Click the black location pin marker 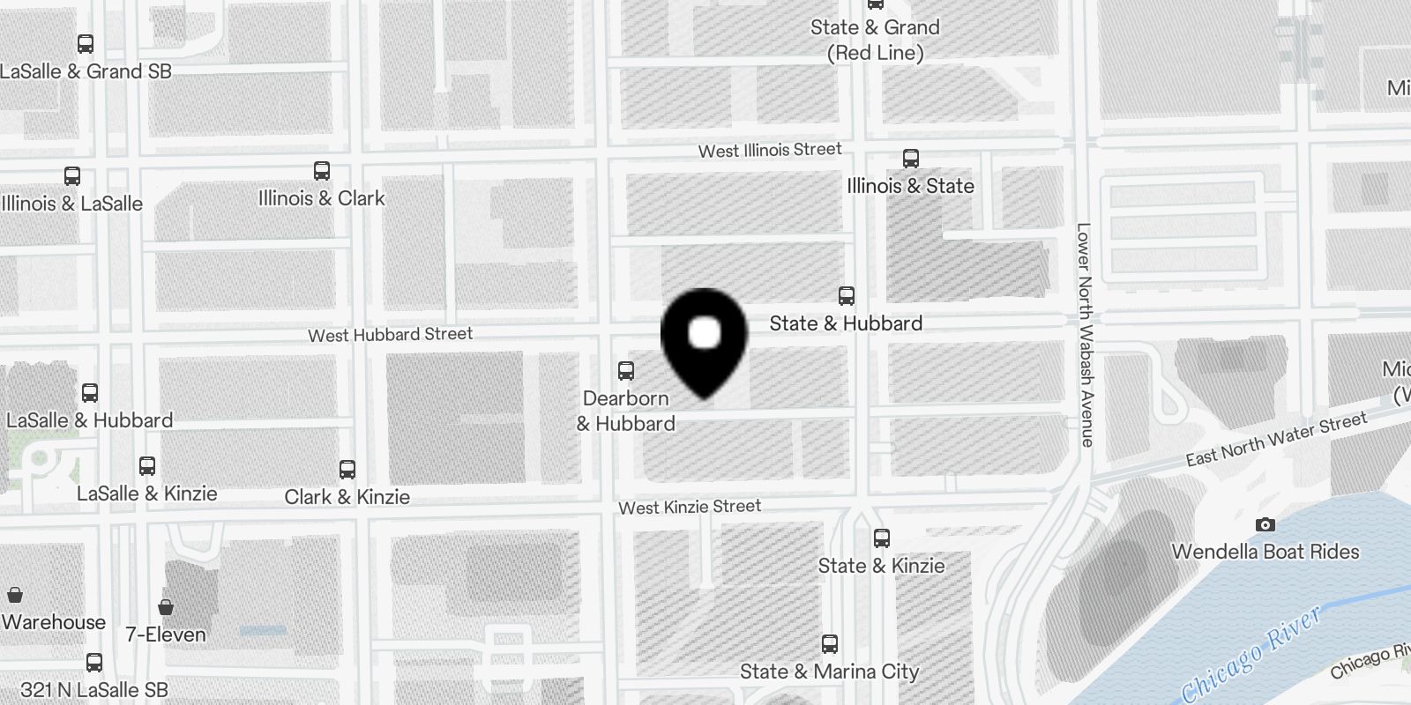[x=704, y=339]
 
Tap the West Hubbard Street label [x=390, y=335]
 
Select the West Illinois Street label [x=770, y=151]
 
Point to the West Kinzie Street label [x=689, y=507]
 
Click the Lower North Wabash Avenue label [x=1085, y=334]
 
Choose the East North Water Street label [x=1275, y=439]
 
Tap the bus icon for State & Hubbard [x=847, y=295]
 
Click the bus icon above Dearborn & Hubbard [x=626, y=370]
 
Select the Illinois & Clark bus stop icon [x=322, y=171]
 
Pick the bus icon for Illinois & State [x=911, y=159]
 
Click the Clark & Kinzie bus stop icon [x=347, y=469]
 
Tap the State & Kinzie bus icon [x=881, y=538]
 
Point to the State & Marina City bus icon [x=829, y=643]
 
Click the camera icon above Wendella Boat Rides [x=1265, y=524]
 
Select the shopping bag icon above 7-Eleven [x=165, y=606]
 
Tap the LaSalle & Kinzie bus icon [x=147, y=465]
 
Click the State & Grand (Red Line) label [x=875, y=40]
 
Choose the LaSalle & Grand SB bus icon [x=86, y=44]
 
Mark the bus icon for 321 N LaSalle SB [x=94, y=663]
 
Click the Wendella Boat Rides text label [x=1265, y=552]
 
